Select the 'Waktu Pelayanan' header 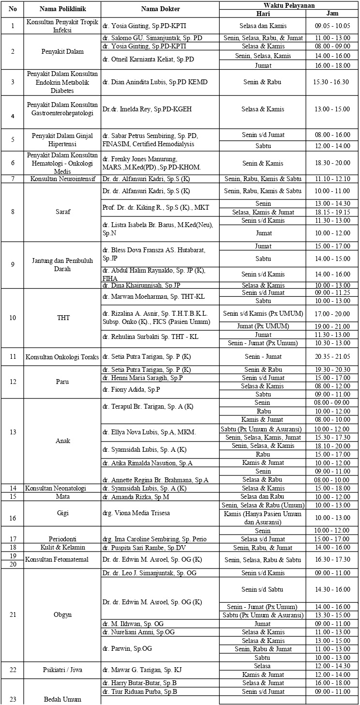289,5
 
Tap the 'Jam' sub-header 332,13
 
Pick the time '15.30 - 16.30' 332,82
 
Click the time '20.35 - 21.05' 332,357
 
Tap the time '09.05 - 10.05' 332,25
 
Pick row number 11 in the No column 13,357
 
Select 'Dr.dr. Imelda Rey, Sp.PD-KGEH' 147,109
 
